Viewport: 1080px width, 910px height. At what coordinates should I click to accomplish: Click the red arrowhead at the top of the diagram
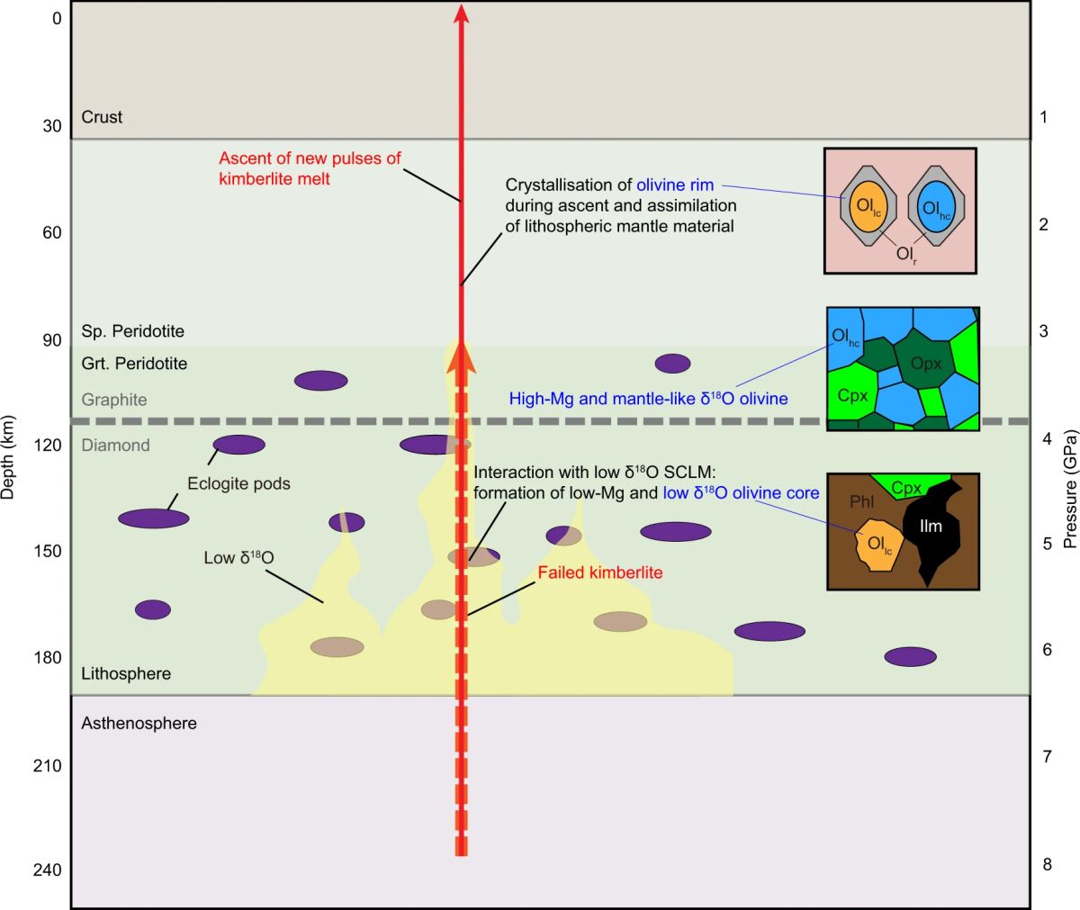(x=461, y=12)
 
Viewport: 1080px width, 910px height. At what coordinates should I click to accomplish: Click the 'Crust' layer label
(x=102, y=117)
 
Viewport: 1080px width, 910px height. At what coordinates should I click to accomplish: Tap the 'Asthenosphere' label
(x=139, y=723)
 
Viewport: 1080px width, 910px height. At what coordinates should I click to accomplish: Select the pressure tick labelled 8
(x=1047, y=864)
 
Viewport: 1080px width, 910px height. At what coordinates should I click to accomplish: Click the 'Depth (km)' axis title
(x=10, y=457)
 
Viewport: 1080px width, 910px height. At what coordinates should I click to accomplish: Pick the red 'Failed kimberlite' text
(x=599, y=572)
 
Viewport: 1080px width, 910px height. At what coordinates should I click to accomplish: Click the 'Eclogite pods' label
(x=238, y=483)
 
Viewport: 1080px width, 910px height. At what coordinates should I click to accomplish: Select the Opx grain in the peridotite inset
(x=925, y=363)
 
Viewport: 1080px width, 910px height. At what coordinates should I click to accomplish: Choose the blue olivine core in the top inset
(x=936, y=210)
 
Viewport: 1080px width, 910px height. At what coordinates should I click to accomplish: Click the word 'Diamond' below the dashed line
(x=115, y=445)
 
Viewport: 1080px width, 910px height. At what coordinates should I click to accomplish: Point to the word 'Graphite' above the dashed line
(x=113, y=400)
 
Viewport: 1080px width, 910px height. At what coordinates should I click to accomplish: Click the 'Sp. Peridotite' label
(x=132, y=331)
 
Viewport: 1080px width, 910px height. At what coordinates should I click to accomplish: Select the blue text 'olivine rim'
(x=675, y=185)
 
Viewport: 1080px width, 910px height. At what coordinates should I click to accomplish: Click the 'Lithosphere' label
(x=126, y=673)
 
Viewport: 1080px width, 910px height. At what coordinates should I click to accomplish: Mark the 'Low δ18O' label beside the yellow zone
(x=238, y=558)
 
